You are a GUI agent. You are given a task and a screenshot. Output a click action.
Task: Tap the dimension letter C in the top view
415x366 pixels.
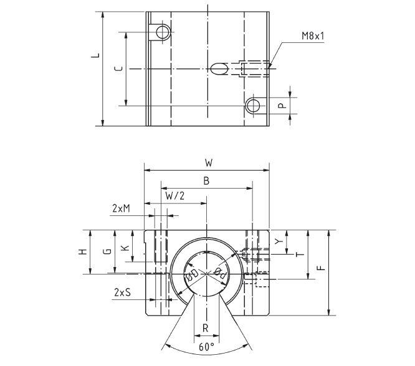[119, 69]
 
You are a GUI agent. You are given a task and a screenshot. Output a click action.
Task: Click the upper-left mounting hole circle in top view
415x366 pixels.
[162, 32]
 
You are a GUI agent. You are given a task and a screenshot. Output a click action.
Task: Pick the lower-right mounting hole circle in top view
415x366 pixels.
[252, 105]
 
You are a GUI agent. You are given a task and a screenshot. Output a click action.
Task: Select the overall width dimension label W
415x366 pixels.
[209, 162]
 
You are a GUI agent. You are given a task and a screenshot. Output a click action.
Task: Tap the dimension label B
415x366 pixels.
[207, 180]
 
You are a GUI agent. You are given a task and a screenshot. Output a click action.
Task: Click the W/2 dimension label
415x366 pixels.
[175, 196]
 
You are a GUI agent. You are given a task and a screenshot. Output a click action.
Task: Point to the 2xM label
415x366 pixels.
[121, 209]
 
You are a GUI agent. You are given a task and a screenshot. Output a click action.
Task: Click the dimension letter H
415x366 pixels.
[82, 251]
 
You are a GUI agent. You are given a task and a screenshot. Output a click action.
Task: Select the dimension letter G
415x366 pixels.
[107, 251]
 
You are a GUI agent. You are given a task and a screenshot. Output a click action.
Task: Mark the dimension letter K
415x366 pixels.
[125, 248]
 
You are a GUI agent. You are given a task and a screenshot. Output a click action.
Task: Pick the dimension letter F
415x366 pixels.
[320, 268]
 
